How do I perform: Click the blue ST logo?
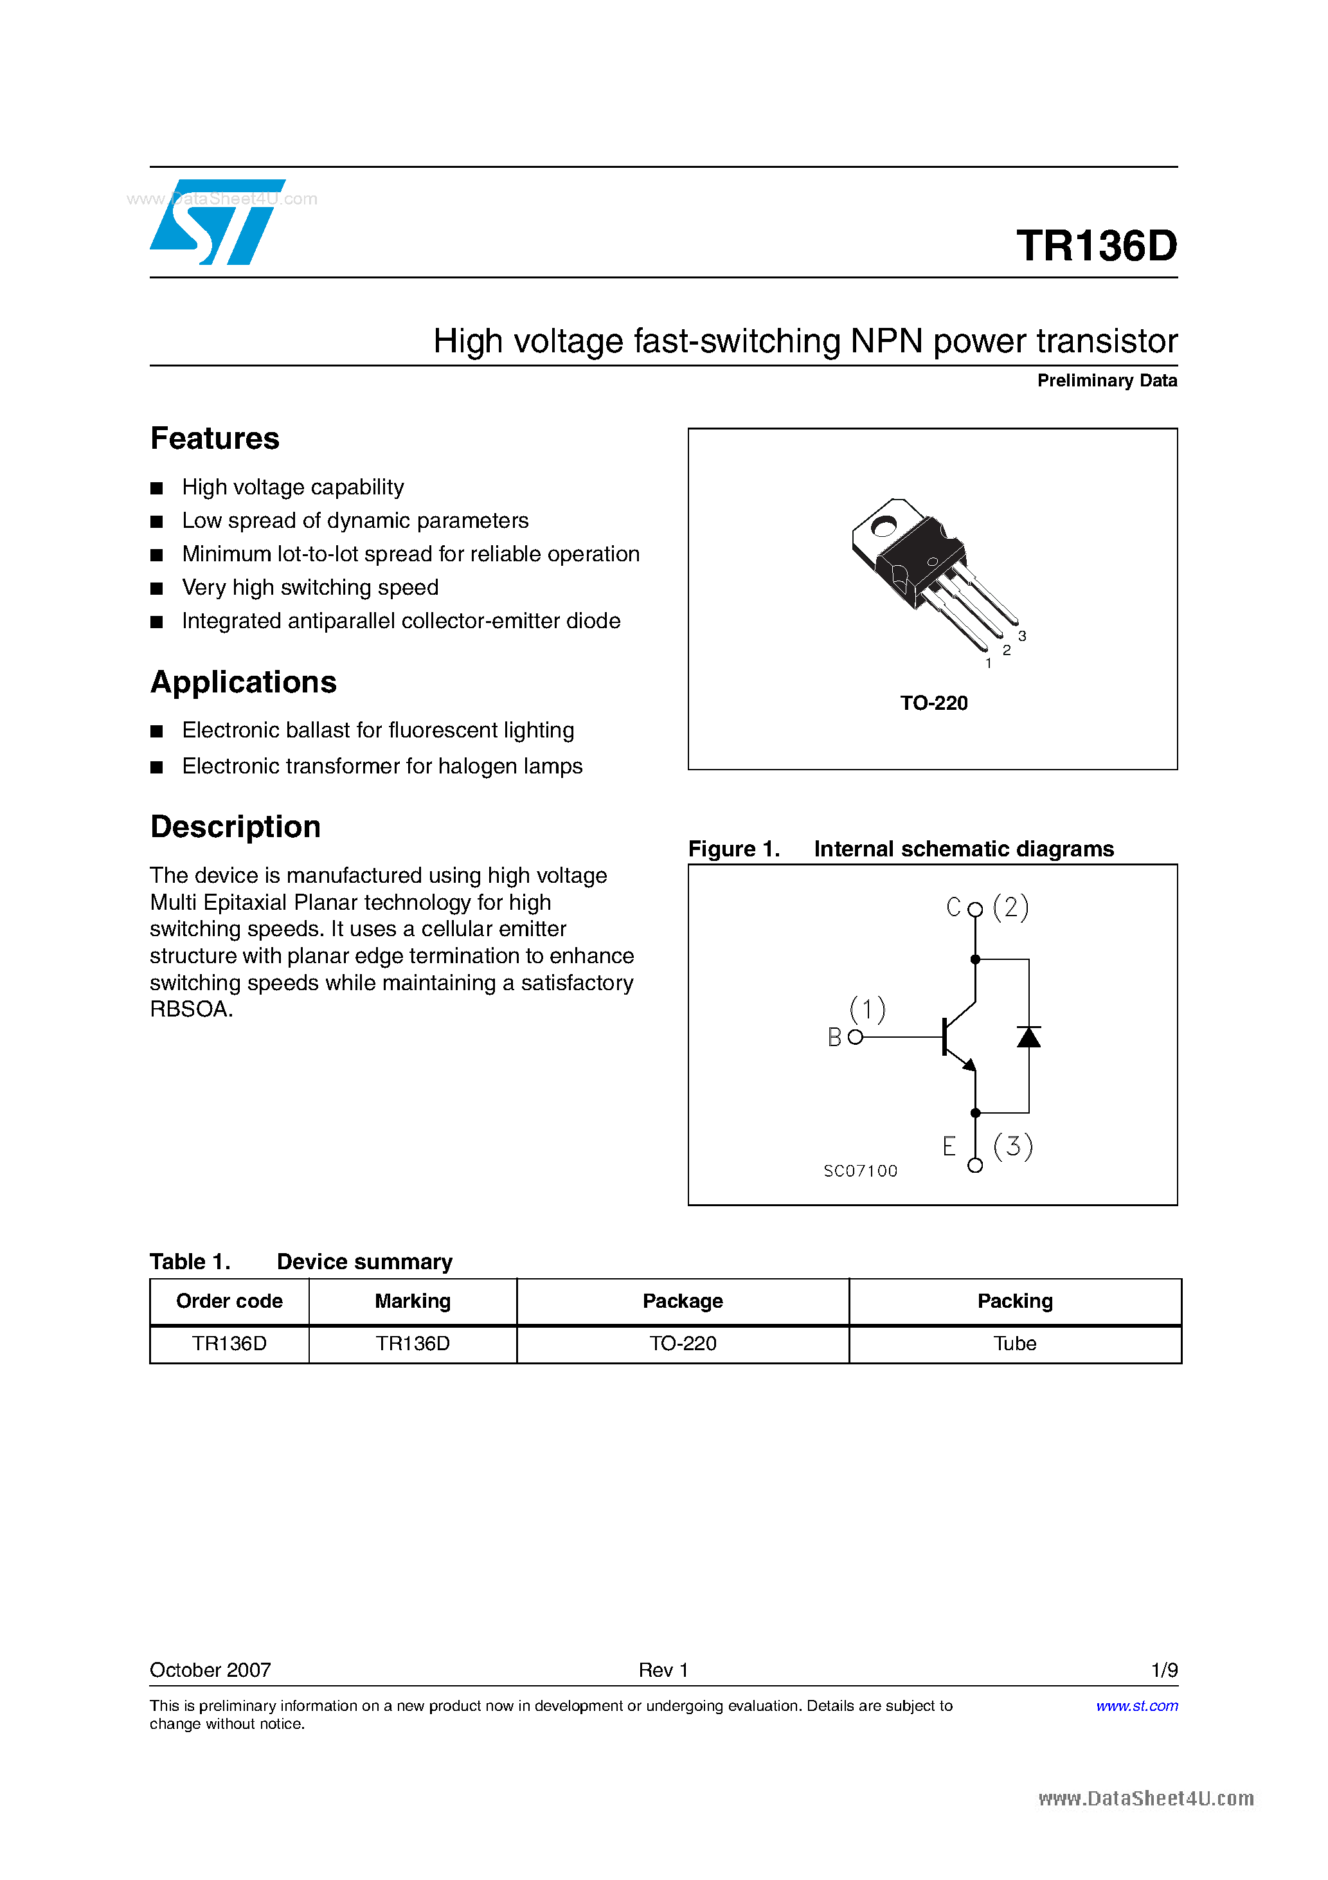click(x=217, y=222)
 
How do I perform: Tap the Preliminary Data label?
click(x=1106, y=381)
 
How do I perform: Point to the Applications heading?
click(x=243, y=682)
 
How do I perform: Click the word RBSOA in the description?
click(x=190, y=1009)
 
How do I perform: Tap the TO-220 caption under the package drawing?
click(x=933, y=703)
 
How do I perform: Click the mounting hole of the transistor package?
click(x=883, y=527)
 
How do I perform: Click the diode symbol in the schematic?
click(x=1028, y=1038)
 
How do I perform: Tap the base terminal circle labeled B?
click(x=856, y=1038)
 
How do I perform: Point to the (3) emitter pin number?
click(x=1013, y=1146)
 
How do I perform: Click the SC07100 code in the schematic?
click(x=859, y=1171)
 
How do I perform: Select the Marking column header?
click(x=413, y=1301)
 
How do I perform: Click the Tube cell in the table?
click(x=1014, y=1344)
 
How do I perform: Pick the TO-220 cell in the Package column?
click(x=683, y=1344)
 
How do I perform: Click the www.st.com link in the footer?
click(x=1136, y=1706)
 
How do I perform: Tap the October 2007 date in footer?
click(x=210, y=1670)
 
